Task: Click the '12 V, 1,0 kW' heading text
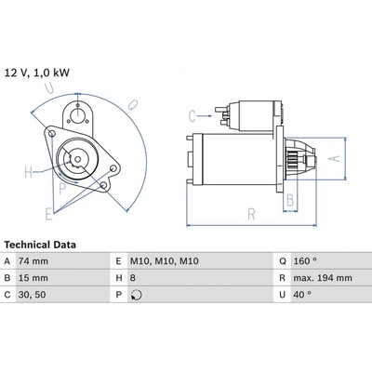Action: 37,73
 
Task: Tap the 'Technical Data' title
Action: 40,245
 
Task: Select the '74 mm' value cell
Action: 33,261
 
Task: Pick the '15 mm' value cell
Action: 33,278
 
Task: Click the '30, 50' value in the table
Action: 32,295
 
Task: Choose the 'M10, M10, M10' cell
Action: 165,261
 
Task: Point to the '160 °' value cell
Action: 305,261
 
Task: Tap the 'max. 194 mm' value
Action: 323,278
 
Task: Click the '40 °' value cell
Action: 302,295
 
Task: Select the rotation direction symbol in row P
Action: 137,295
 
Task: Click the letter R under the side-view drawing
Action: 251,214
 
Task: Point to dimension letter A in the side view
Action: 334,158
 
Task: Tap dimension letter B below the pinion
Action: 290,200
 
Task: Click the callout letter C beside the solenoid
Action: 193,116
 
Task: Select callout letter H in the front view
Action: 29,172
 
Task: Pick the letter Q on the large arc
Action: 133,104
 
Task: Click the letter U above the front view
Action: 48,88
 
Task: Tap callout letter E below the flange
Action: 48,214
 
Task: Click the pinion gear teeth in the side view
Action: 292,160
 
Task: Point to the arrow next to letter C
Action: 205,116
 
